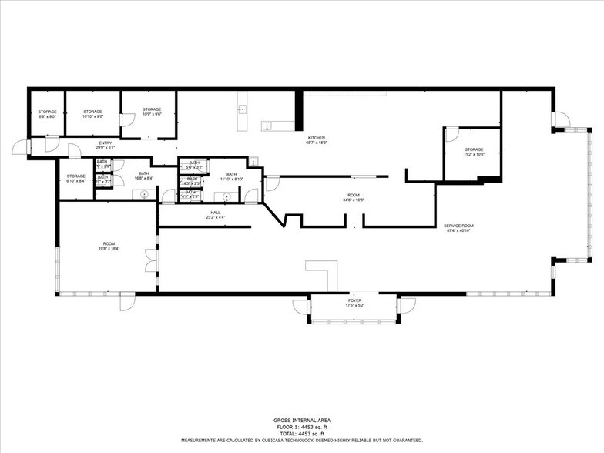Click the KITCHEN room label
[x=316, y=139]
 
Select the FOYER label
[x=354, y=303]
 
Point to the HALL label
[x=216, y=214]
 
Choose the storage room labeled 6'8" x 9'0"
[x=47, y=114]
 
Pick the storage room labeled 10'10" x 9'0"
[x=92, y=114]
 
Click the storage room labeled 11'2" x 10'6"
[x=473, y=152]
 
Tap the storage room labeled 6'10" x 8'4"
[x=75, y=178]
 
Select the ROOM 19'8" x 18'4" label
[x=109, y=246]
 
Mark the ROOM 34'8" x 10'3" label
[x=354, y=197]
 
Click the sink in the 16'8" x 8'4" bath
[x=145, y=194]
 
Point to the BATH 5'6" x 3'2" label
[x=194, y=164]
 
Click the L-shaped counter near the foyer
[x=324, y=273]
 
